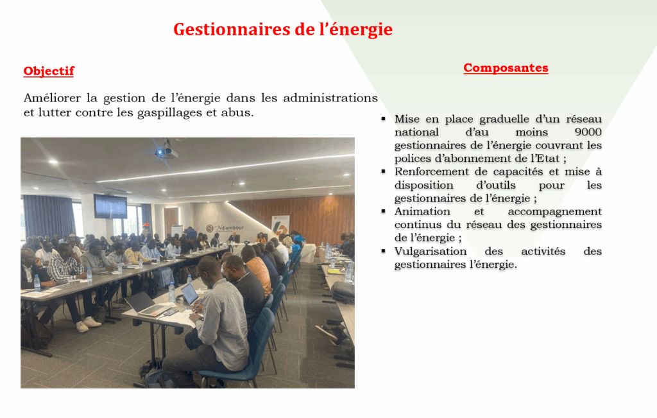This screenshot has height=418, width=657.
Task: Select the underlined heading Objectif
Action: [49, 71]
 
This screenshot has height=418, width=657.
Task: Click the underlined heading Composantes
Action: [506, 68]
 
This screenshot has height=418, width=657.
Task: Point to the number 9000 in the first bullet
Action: [588, 132]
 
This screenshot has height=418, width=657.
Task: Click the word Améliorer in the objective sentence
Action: [51, 98]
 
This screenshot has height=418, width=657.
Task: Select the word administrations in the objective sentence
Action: [330, 98]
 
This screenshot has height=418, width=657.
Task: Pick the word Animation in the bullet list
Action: [422, 211]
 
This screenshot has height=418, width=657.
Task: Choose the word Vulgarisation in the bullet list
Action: [431, 252]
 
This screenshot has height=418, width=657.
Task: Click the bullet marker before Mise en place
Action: [384, 119]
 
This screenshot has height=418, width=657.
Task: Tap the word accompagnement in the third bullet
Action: [555, 212]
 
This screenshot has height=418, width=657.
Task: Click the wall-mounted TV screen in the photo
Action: [110, 206]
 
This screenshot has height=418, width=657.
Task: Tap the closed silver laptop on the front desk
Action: [148, 304]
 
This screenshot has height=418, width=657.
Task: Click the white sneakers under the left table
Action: [88, 324]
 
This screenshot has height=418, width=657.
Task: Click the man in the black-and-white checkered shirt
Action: [67, 268]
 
